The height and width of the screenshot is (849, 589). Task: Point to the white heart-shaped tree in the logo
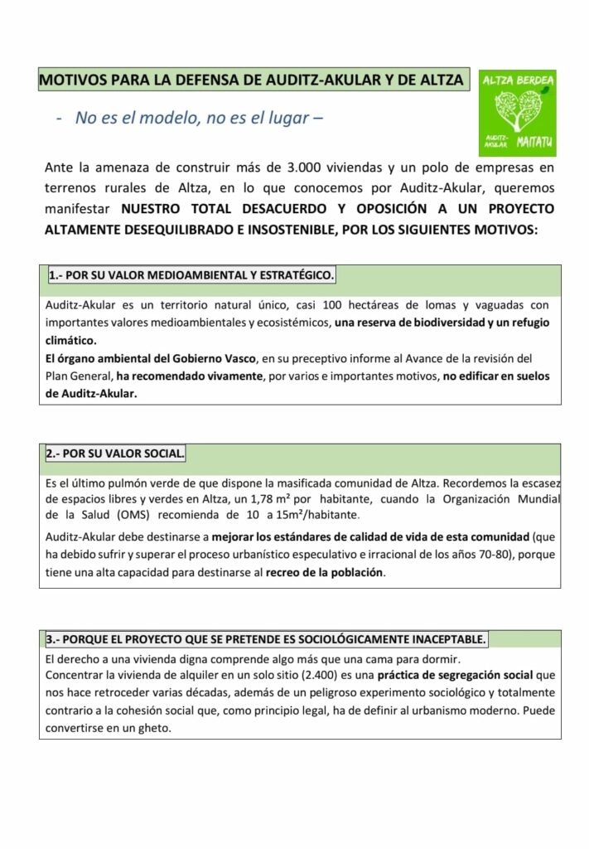pos(518,112)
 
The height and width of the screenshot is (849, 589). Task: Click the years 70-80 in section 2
pos(459,555)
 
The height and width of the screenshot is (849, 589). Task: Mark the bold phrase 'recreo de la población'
pos(325,573)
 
